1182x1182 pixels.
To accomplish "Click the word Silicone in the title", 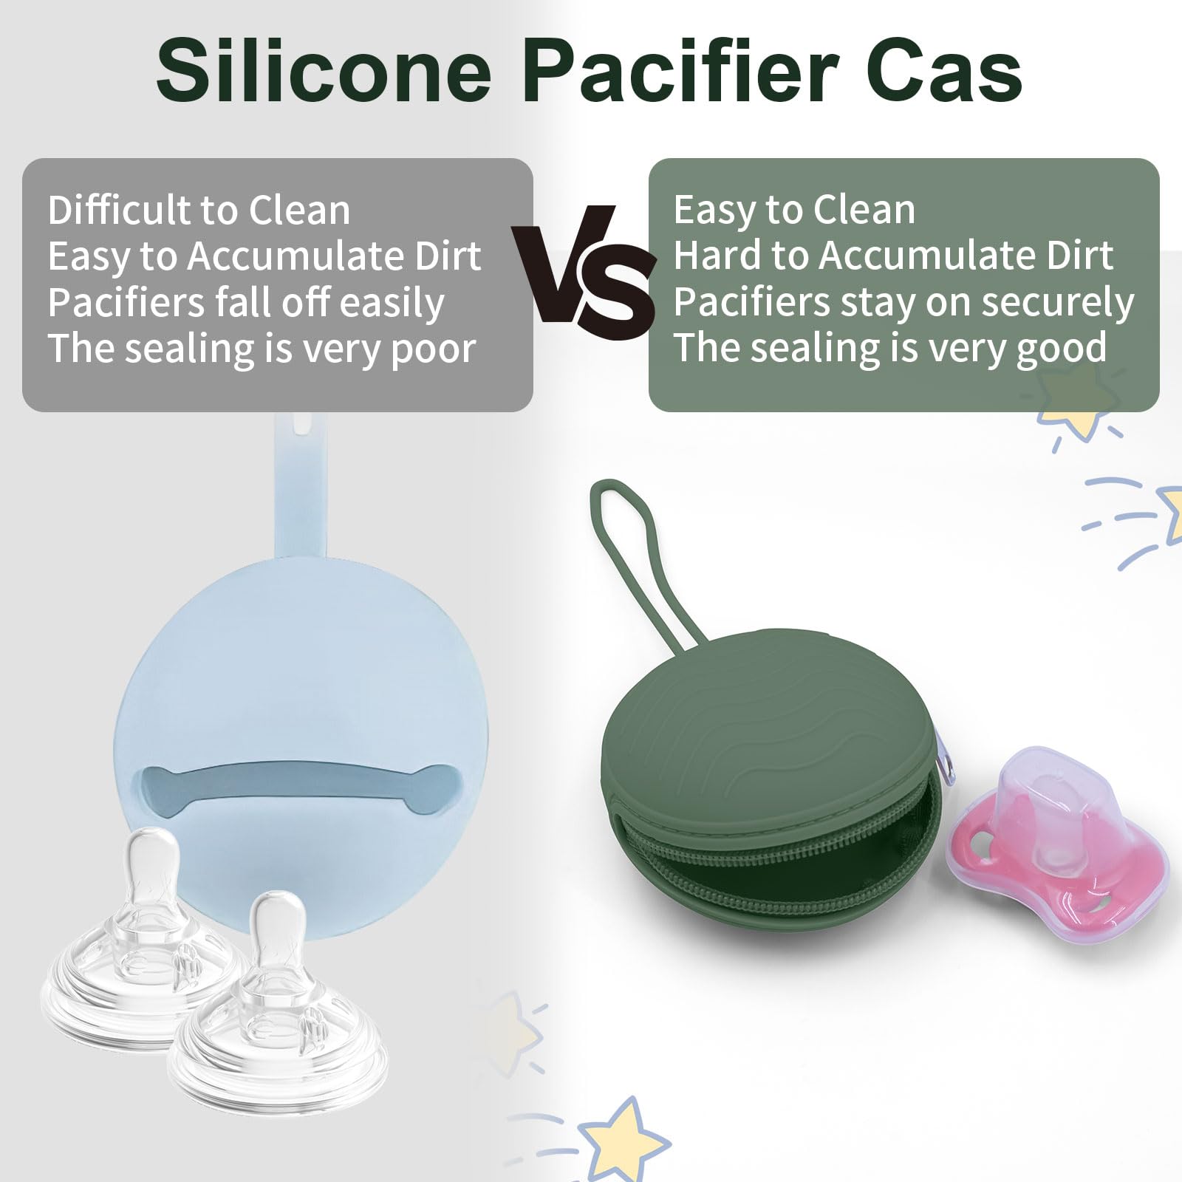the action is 324,71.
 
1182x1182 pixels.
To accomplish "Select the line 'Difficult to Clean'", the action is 199,210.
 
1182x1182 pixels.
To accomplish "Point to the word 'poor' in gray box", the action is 433,350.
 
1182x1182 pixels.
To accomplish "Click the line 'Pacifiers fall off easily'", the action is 246,303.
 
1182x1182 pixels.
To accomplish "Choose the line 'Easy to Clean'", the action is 794,210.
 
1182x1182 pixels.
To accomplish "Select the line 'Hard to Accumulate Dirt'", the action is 893,256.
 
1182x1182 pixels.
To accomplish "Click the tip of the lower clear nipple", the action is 279,906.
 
